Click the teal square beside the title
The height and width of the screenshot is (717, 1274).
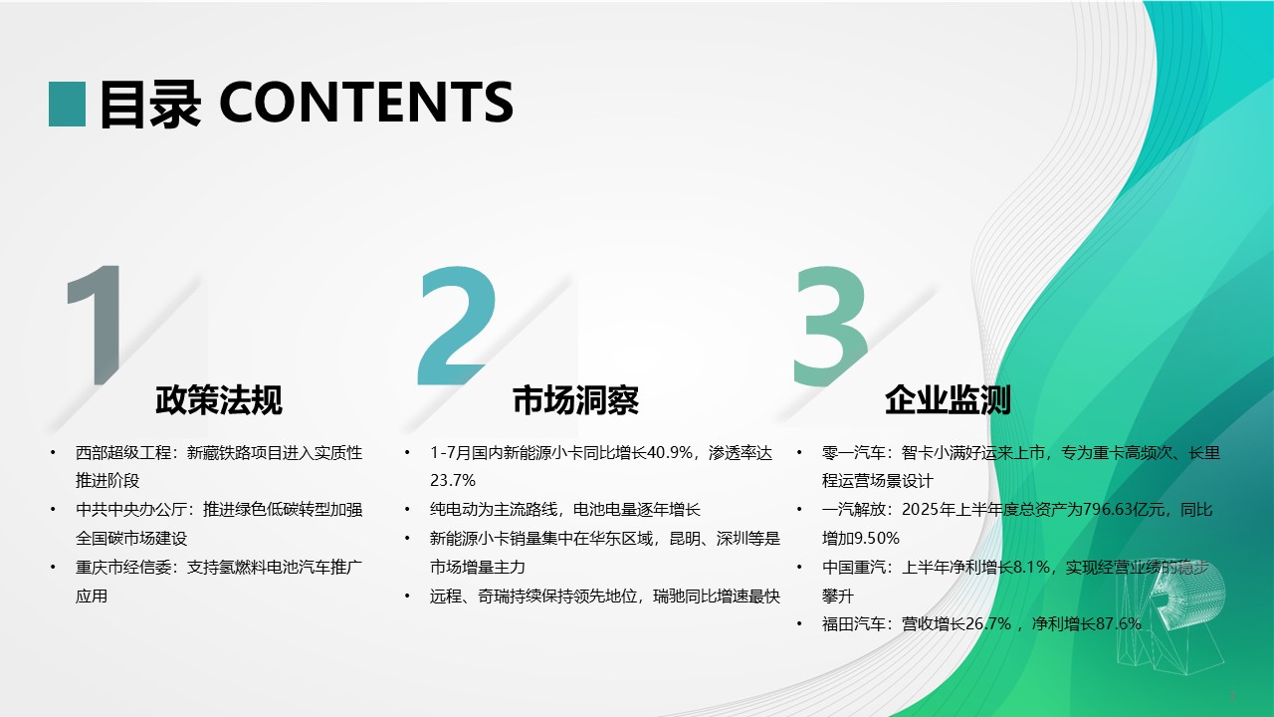click(67, 105)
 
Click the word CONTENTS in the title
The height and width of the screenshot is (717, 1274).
click(366, 103)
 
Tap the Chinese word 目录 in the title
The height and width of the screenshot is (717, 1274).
click(150, 104)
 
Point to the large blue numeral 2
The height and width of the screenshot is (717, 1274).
click(457, 325)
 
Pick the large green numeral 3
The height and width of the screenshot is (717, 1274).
click(830, 326)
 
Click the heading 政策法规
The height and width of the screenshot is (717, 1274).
click(219, 400)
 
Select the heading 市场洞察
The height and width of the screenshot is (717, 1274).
click(575, 400)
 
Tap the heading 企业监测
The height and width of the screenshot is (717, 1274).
click(949, 400)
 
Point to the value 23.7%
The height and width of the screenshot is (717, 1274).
click(453, 481)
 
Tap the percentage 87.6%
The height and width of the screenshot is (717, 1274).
click(1119, 624)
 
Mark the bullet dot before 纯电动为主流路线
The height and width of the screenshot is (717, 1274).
click(407, 509)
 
